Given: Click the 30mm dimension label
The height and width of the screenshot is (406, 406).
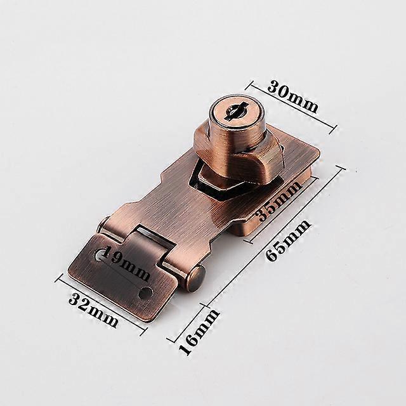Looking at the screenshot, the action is [x=292, y=96].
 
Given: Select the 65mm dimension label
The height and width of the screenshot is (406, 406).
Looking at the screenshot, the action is [x=288, y=240].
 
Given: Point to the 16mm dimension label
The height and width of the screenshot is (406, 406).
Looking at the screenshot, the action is [x=199, y=332].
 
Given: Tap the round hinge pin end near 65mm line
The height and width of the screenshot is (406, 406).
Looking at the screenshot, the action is [x=196, y=279].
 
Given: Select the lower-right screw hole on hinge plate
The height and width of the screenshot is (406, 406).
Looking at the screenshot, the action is [x=145, y=292].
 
